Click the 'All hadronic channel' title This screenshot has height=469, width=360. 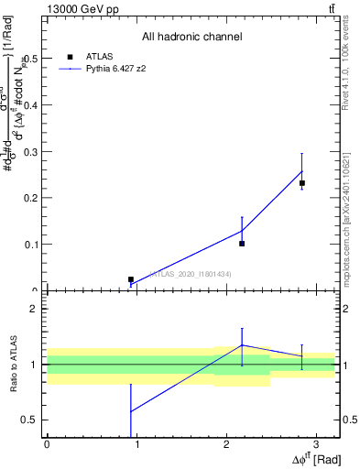click(191, 37)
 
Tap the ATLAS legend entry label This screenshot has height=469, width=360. click(99, 56)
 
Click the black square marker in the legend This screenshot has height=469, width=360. click(70, 56)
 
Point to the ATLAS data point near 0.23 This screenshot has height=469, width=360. click(301, 183)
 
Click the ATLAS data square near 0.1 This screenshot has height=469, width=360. click(242, 244)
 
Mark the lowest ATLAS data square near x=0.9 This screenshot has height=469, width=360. click(131, 279)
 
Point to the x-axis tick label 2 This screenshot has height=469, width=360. click(225, 444)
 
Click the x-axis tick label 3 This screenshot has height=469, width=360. click(314, 444)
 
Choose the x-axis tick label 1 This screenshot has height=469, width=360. click(136, 444)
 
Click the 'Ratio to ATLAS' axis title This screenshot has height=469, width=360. click(12, 364)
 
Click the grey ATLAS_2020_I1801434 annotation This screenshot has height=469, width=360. click(190, 274)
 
